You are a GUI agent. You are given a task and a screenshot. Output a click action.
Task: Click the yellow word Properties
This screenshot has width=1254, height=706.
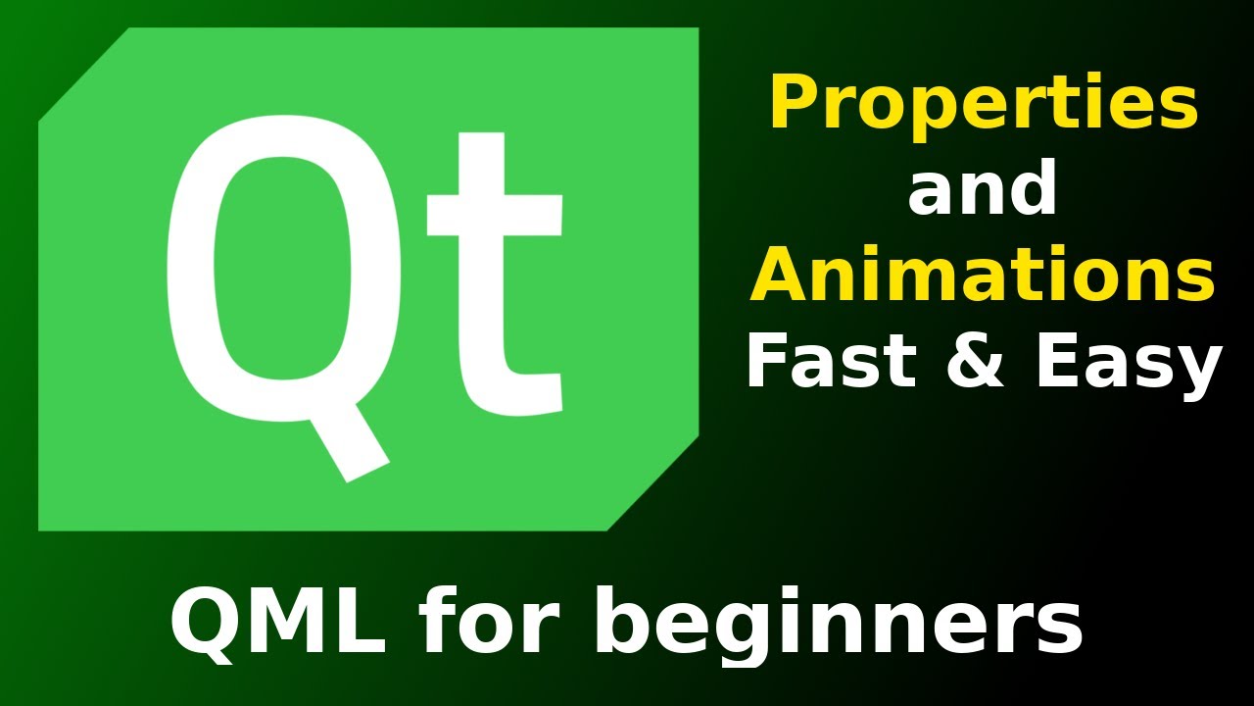[x=984, y=105]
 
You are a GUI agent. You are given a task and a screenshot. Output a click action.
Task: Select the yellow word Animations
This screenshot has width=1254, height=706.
[x=983, y=276]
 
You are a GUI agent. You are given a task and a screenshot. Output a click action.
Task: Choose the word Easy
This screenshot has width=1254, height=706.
[x=1127, y=365]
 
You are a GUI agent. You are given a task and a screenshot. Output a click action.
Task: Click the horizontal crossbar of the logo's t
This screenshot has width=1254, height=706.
[x=495, y=216]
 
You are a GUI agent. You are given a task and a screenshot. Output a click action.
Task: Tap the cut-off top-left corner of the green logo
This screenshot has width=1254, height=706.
[x=83, y=76]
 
